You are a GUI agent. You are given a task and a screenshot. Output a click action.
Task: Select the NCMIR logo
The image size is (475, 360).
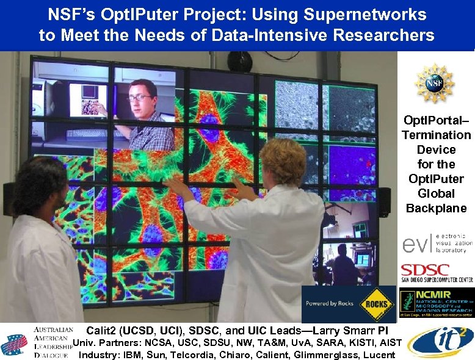[435, 302]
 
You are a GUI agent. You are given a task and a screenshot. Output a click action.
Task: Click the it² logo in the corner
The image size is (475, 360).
[440, 340]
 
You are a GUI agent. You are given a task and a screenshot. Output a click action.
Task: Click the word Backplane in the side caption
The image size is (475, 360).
[435, 208]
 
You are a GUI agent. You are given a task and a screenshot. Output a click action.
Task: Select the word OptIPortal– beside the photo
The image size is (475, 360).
[435, 120]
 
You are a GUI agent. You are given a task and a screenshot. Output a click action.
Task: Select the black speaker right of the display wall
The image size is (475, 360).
[383, 201]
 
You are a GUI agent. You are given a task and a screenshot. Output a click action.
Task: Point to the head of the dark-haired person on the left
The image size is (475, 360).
[38, 183]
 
